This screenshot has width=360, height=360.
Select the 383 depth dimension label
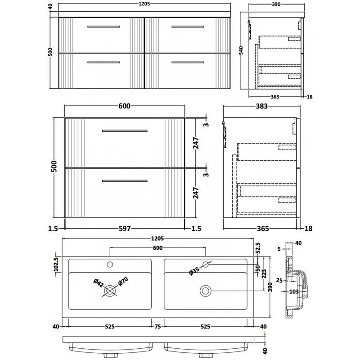pos(262,107)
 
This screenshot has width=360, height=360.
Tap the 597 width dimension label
pos(125,229)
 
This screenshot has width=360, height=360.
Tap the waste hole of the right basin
pos(206,291)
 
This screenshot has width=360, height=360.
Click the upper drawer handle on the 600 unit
pos(125,130)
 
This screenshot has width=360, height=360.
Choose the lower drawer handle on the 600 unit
pos(125,181)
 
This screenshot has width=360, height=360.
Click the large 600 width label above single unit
pos(125,107)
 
